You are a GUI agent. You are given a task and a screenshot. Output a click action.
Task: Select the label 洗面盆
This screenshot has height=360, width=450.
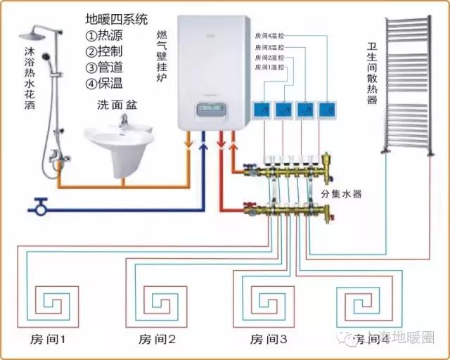coord(117,105)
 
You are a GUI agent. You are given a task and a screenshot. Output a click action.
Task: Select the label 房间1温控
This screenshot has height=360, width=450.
coord(271,67)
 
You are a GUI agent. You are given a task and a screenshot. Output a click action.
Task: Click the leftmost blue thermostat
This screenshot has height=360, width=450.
coord(262,110)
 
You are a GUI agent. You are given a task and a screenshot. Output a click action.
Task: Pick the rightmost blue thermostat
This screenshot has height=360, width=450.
coord(327,110)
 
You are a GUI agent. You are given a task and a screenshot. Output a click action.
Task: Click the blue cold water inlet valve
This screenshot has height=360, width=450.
coord(39,207)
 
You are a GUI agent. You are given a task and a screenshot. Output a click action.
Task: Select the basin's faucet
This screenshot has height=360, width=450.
coord(124,121)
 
